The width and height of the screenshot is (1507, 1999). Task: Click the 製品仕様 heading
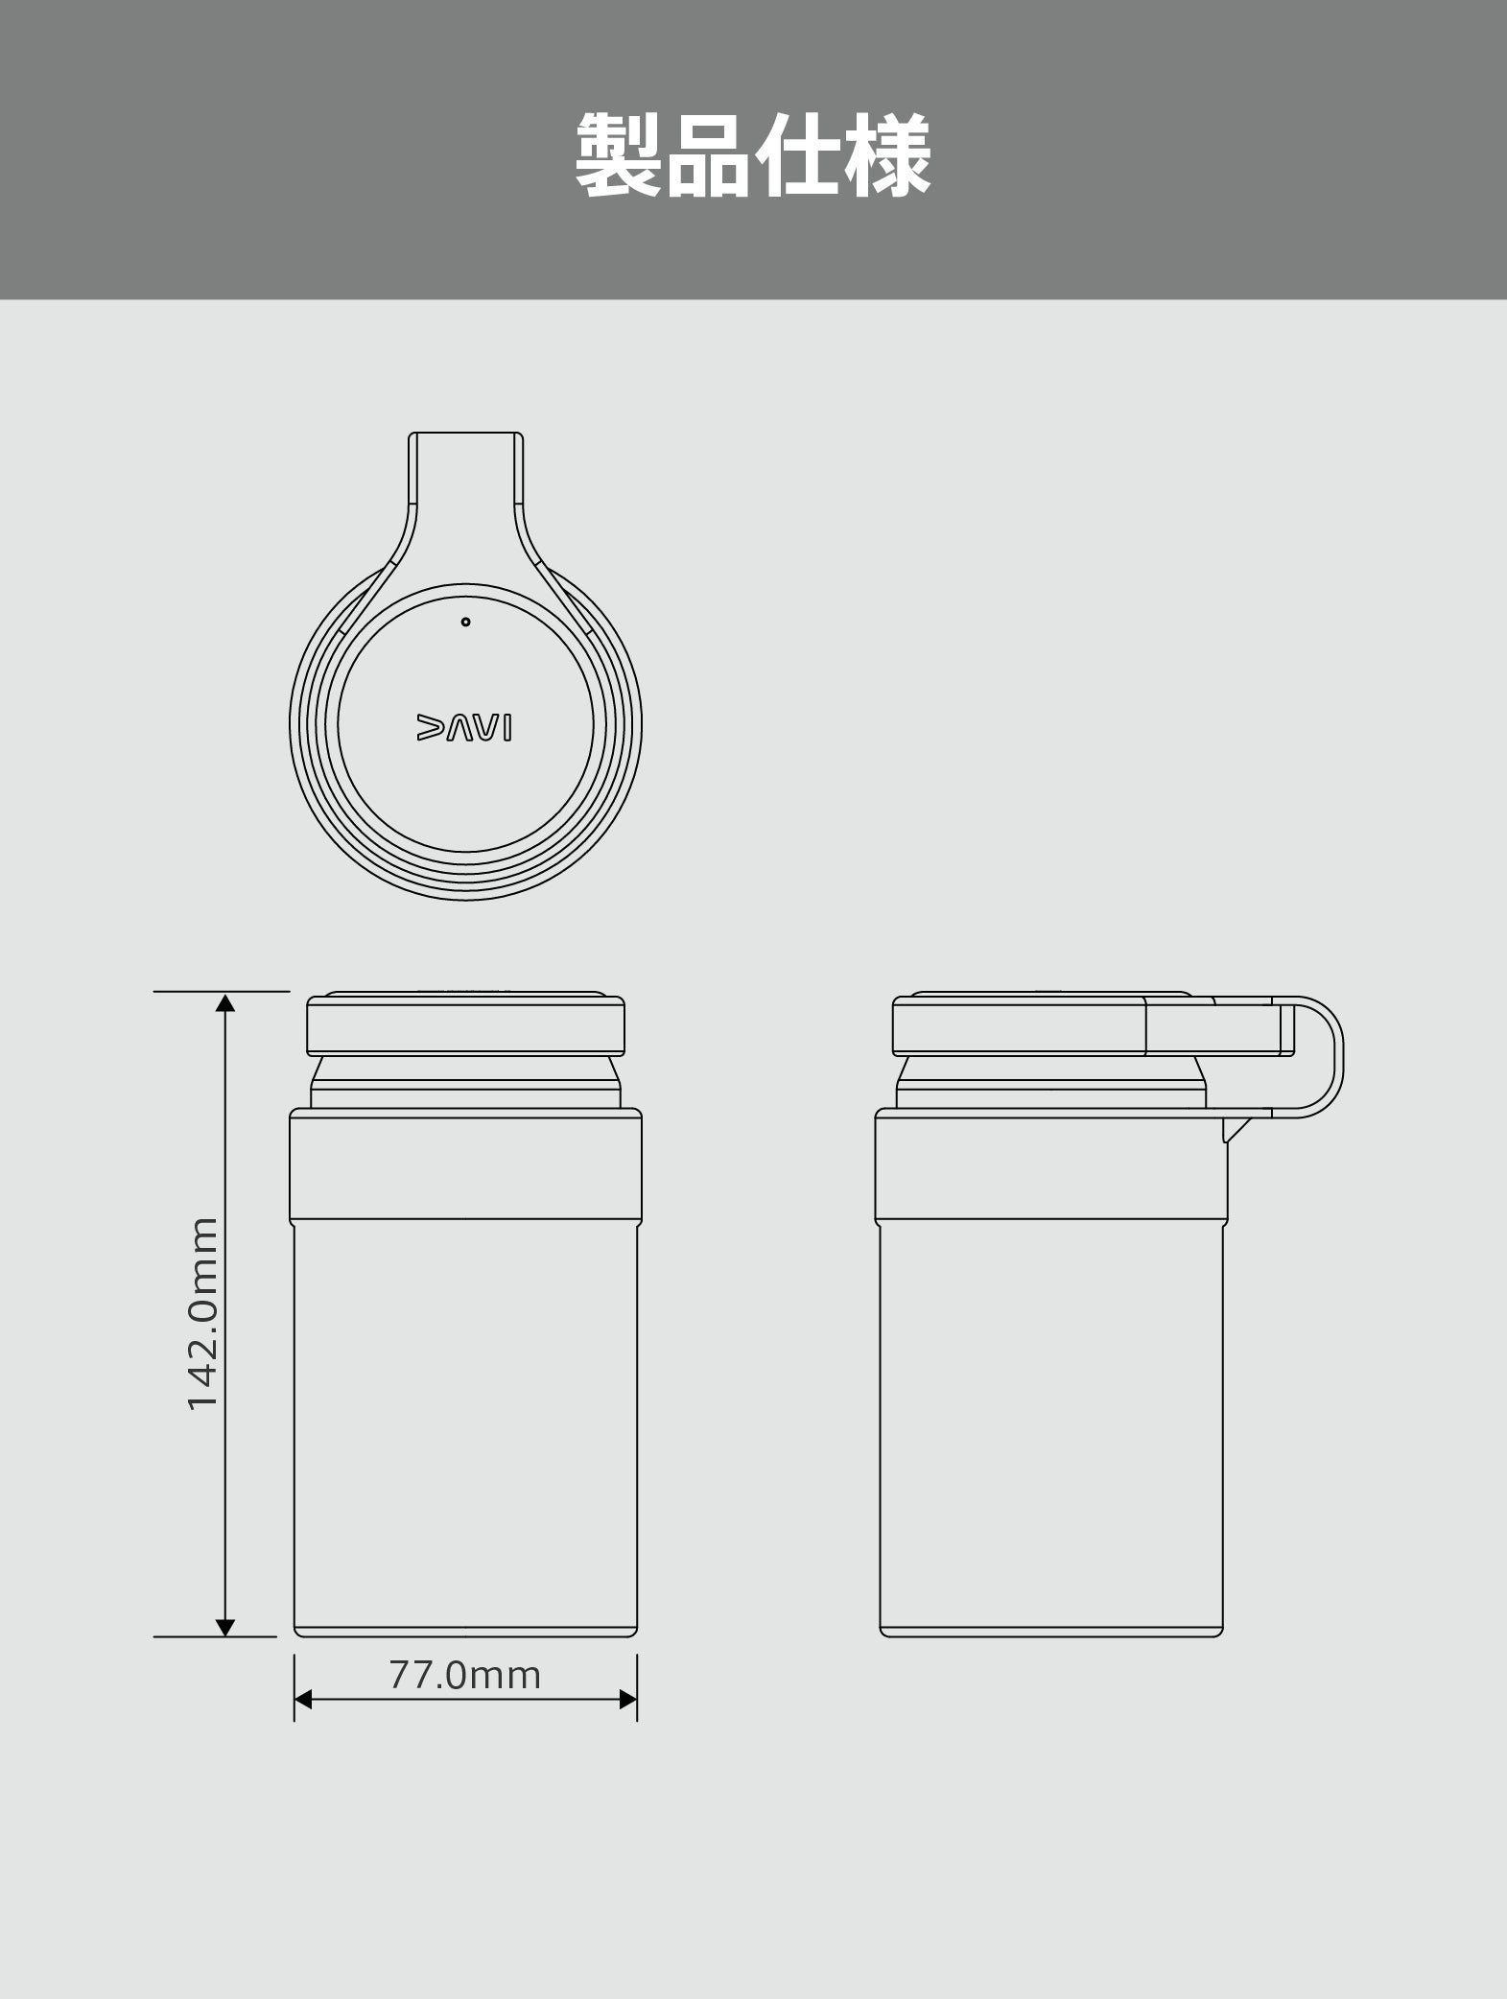tap(753, 155)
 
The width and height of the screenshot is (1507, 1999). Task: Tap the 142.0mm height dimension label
tap(203, 1313)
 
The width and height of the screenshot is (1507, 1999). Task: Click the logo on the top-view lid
tap(465, 727)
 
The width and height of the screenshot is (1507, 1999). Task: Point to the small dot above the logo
tap(465, 622)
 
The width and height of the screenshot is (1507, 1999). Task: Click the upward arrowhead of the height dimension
tap(224, 1003)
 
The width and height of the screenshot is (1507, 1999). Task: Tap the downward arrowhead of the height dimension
tap(224, 1627)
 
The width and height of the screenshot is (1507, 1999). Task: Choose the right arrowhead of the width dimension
tap(627, 1727)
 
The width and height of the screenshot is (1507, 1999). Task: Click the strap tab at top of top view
tap(466, 480)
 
